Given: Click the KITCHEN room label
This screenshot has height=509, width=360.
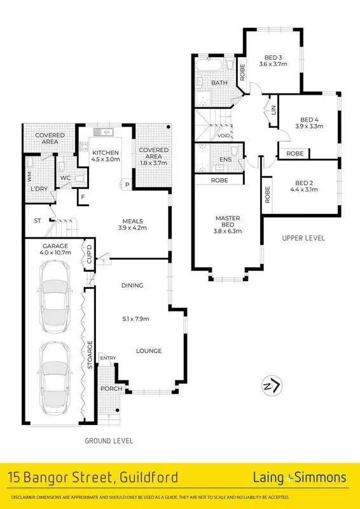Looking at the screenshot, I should (x=105, y=153).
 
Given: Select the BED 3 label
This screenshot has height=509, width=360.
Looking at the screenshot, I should (x=270, y=57).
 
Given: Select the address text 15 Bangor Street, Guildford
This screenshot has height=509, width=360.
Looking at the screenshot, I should (x=93, y=477).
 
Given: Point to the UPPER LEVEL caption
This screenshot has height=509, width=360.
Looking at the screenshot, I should (x=303, y=238).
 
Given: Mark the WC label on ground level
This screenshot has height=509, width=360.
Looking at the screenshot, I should (x=66, y=178).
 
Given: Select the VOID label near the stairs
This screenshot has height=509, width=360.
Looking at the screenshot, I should (x=223, y=136).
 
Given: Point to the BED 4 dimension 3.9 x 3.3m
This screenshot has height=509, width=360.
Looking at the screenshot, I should (x=310, y=127).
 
